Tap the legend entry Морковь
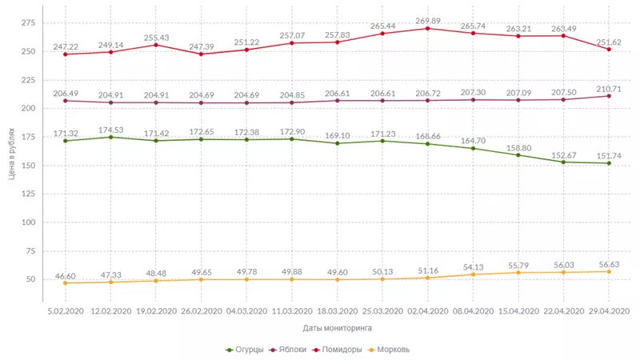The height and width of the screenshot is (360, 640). [394, 350]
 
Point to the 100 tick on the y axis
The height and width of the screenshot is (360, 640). [26, 222]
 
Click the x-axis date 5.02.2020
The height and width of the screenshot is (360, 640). [66, 310]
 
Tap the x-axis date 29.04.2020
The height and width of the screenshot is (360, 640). [609, 310]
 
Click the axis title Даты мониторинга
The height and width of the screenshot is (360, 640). [337, 328]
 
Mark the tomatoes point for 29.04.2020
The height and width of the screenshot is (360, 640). [609, 50]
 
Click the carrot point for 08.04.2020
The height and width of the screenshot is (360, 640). [473, 275]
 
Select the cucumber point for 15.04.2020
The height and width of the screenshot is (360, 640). [518, 155]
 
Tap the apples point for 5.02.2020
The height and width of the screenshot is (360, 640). [65, 101]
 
